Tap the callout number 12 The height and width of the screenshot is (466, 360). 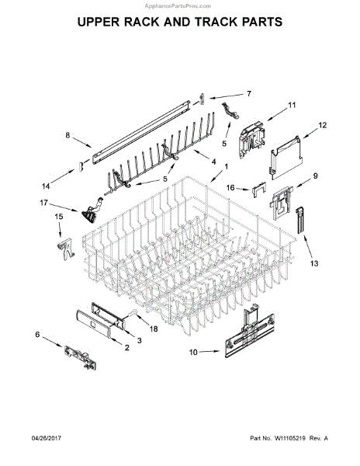click(x=324, y=124)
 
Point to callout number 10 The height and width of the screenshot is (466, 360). click(x=194, y=352)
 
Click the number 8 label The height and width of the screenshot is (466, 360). click(x=67, y=136)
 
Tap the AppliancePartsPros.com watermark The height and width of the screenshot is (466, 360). click(x=180, y=4)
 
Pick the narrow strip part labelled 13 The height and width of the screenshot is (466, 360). click(x=298, y=221)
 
